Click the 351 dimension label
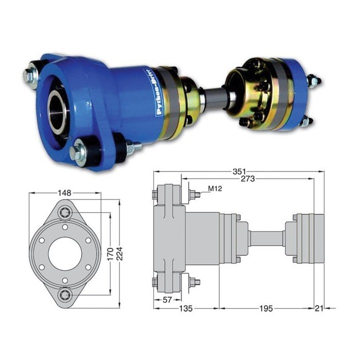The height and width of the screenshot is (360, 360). (239, 171)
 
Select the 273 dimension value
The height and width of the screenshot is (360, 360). (247, 179)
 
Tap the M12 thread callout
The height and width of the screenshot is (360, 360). (215, 188)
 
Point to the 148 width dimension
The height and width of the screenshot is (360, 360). (64, 193)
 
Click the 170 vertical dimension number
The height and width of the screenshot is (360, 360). (110, 254)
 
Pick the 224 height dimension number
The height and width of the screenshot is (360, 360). (119, 253)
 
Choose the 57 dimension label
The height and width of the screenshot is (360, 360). (167, 299)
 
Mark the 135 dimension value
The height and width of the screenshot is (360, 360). (185, 308)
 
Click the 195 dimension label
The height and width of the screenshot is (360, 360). (266, 308)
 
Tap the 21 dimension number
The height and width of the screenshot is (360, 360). (319, 308)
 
